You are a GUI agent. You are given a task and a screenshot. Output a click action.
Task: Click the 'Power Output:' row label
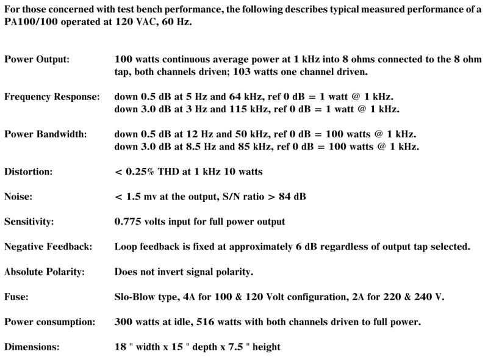37,60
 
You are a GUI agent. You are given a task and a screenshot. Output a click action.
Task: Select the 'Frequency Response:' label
52,97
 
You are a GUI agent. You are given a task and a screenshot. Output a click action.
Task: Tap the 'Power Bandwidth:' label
45,134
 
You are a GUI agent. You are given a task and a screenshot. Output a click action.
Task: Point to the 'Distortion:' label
28,172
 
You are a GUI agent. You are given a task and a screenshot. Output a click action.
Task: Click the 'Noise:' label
18,196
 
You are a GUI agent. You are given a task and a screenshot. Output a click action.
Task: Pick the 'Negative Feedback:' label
48,247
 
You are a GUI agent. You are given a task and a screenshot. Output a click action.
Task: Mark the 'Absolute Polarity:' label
45,272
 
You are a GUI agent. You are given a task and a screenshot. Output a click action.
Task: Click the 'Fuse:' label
16,297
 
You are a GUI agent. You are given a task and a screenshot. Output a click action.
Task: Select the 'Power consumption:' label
49,322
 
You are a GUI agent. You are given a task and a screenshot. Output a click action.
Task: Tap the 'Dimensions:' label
32,347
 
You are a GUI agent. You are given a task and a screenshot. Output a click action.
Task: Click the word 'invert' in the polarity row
185,272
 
